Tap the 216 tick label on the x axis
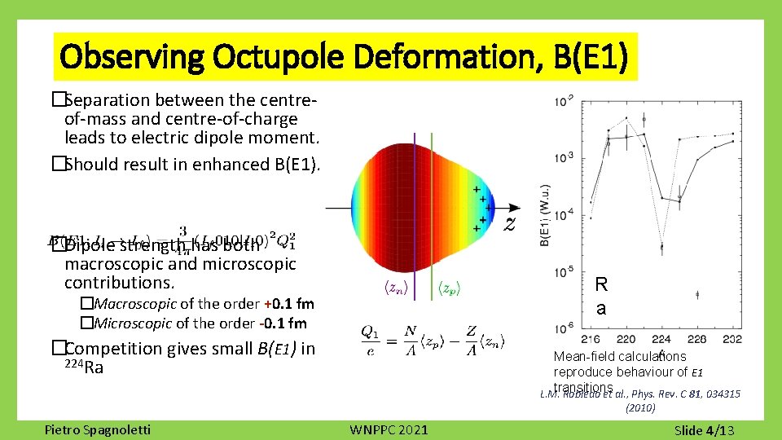(591, 339)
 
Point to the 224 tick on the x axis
(662, 339)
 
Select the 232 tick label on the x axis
(731, 339)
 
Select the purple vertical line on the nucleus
(415, 204)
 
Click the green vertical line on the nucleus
(442, 204)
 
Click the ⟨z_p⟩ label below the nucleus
(452, 288)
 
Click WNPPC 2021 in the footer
(389, 429)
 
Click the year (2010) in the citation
(639, 407)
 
